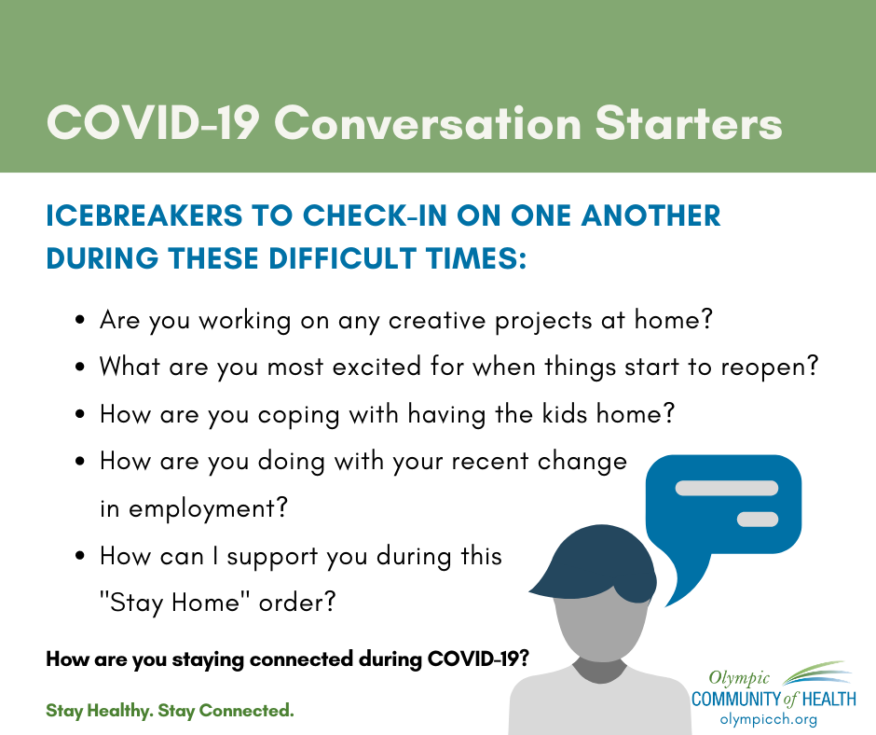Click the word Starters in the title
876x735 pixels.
(689, 123)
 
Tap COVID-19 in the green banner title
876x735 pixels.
(152, 123)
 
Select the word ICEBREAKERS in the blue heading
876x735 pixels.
(144, 215)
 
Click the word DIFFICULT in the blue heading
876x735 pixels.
(342, 258)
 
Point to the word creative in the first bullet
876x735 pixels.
(437, 321)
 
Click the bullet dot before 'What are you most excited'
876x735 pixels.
(80, 367)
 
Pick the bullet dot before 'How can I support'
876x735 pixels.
(80, 556)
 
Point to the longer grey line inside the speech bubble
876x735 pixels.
(726, 488)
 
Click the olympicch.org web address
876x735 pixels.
(768, 719)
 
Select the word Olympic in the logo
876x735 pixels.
(739, 678)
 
